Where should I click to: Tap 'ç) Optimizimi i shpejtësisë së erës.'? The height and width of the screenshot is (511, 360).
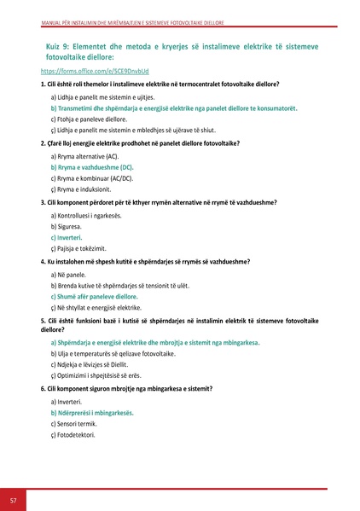point(108,375)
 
